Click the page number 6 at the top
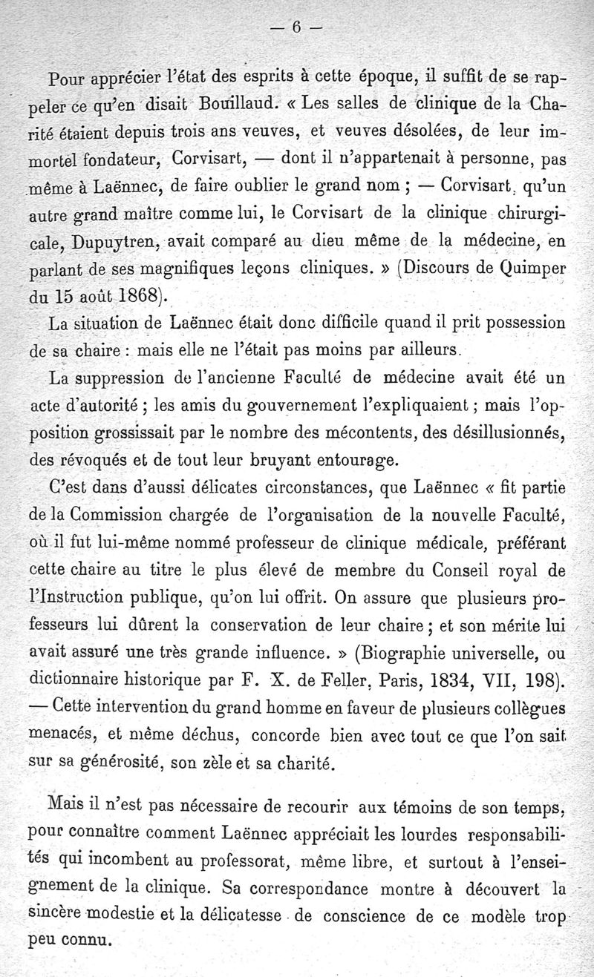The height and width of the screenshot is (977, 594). [296, 27]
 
